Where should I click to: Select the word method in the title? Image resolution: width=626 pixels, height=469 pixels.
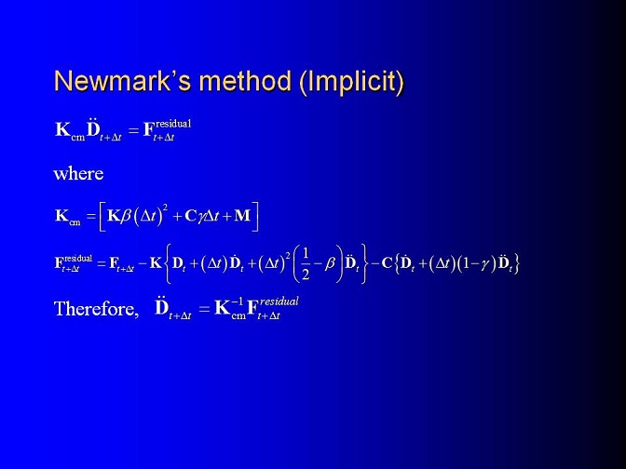pyautogui.click(x=246, y=81)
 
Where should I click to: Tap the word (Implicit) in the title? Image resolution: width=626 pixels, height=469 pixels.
pyautogui.click(x=352, y=83)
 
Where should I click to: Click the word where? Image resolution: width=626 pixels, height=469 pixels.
pyautogui.click(x=78, y=174)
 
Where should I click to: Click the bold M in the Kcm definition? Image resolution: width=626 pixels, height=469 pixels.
pyautogui.click(x=242, y=216)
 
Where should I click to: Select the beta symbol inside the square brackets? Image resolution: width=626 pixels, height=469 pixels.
pyautogui.click(x=126, y=216)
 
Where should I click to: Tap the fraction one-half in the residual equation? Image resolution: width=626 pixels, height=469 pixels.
pyautogui.click(x=306, y=263)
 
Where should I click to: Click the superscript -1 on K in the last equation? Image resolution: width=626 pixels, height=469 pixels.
pyautogui.click(x=237, y=301)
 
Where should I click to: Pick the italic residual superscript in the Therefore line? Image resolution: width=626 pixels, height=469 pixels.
pyautogui.click(x=279, y=301)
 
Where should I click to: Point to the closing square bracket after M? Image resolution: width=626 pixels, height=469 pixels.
pyautogui.click(x=255, y=217)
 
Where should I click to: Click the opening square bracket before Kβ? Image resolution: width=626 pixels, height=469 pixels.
pyautogui.click(x=102, y=217)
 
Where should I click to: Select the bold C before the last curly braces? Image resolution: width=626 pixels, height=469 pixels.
pyautogui.click(x=387, y=263)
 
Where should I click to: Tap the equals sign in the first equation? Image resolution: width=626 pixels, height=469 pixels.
pyautogui.click(x=133, y=130)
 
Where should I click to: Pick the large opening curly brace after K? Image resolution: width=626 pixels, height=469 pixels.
pyautogui.click(x=168, y=263)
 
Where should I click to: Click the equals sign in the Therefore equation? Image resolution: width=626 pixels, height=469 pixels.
pyautogui.click(x=204, y=309)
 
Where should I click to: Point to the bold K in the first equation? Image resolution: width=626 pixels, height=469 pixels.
pyautogui.click(x=62, y=129)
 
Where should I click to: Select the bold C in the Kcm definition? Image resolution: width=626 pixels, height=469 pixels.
pyautogui.click(x=190, y=216)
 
